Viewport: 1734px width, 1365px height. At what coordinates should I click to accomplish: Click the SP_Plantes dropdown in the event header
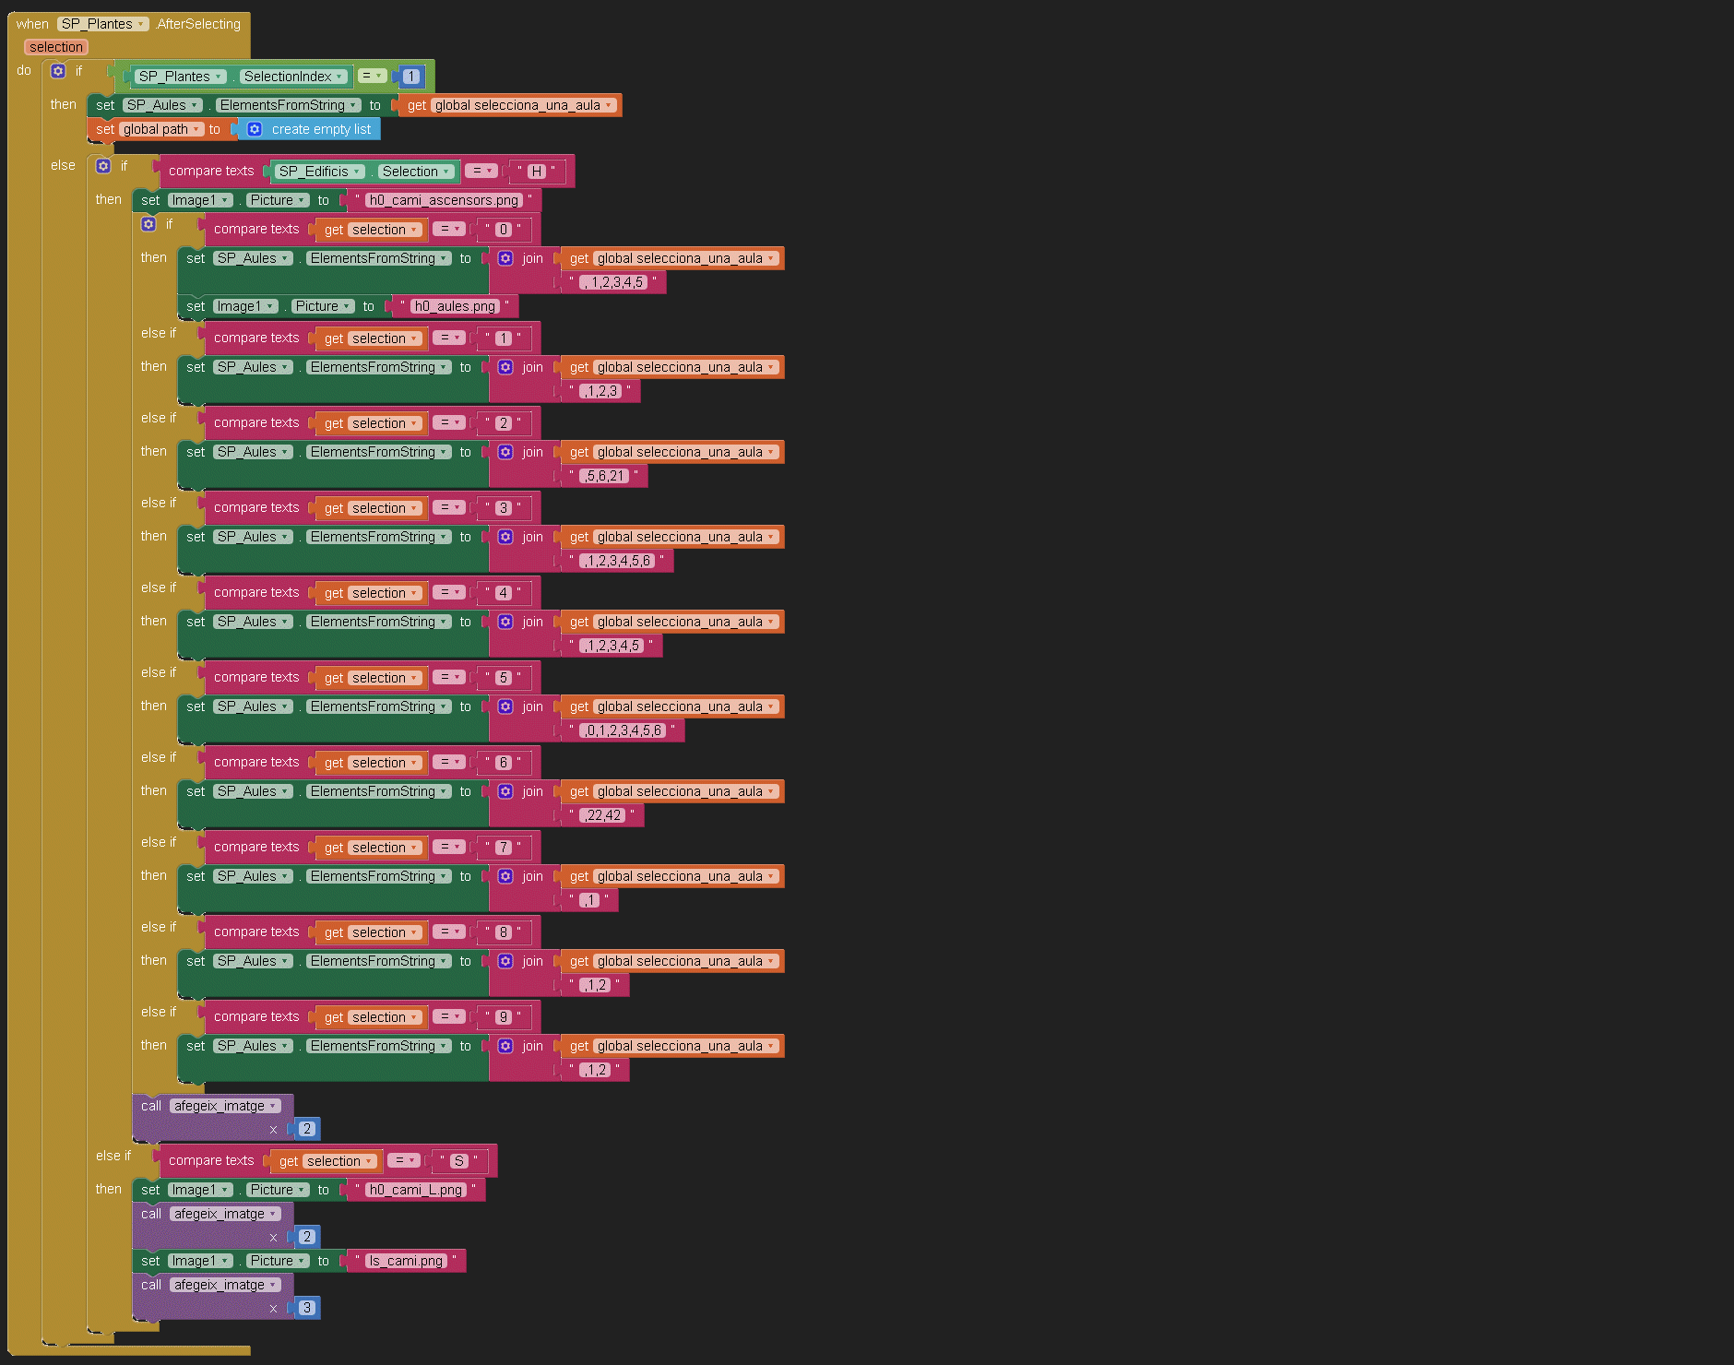tap(102, 24)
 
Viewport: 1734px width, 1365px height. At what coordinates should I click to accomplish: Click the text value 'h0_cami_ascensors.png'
tap(444, 200)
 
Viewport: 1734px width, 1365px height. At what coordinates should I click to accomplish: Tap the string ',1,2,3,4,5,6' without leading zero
tap(616, 561)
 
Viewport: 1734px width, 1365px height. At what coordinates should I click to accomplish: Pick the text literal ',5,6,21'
tap(604, 476)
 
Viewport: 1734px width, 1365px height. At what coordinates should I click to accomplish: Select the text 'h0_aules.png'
tap(454, 306)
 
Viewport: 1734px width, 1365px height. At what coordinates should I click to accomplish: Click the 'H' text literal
tap(536, 172)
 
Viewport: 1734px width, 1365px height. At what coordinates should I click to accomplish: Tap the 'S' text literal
tap(459, 1161)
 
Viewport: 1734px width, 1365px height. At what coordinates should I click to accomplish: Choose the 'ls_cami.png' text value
tap(405, 1261)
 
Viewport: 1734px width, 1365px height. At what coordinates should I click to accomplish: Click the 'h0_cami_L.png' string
tap(415, 1190)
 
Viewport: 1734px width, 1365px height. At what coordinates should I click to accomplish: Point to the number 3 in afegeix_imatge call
tap(307, 1308)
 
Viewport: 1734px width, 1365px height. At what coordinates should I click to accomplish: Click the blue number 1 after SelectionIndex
tap(411, 77)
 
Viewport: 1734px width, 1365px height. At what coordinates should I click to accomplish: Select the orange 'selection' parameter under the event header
tap(56, 47)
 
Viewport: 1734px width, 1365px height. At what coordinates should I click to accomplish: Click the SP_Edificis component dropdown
tap(319, 172)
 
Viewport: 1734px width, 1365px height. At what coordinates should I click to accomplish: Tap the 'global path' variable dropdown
tap(161, 129)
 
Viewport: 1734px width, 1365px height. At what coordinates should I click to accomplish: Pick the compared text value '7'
tap(503, 848)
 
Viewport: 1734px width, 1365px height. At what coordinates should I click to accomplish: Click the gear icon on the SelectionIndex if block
tap(58, 71)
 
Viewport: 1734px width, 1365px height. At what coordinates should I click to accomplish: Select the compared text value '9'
tap(503, 1017)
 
